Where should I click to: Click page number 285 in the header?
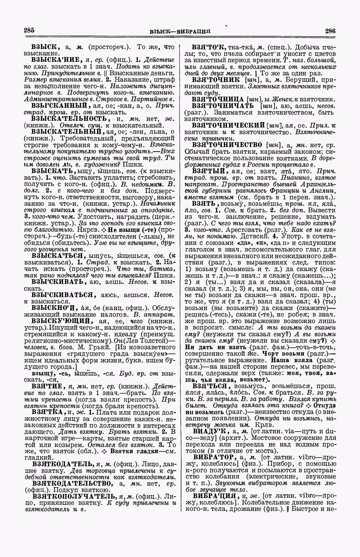pyautogui.click(x=29, y=30)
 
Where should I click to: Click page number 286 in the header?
pyautogui.click(x=330, y=31)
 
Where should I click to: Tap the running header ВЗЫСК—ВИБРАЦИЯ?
pyautogui.click(x=180, y=31)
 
